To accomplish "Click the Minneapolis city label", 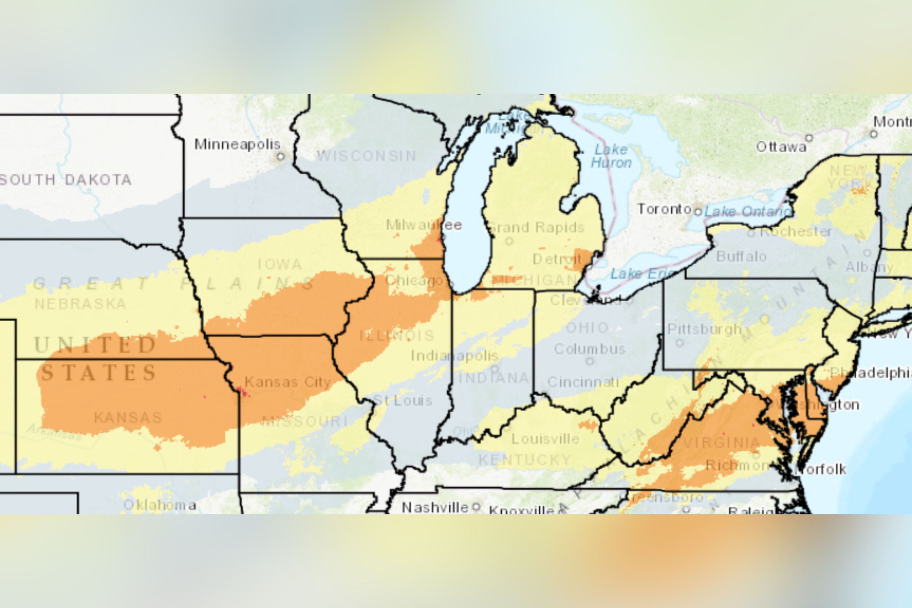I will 237,144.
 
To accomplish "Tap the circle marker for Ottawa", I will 809,138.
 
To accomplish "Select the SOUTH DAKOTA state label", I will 66,180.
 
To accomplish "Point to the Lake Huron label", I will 611,156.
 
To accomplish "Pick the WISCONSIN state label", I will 366,156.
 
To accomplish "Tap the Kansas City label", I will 287,382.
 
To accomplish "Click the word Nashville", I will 435,507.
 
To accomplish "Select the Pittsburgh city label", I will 704,329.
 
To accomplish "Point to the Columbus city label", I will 589,349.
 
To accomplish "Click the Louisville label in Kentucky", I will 545,439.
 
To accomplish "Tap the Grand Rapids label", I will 536,227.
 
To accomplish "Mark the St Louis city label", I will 402,400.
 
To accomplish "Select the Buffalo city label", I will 741,256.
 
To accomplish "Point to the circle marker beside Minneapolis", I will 280,157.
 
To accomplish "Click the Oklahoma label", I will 160,505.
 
